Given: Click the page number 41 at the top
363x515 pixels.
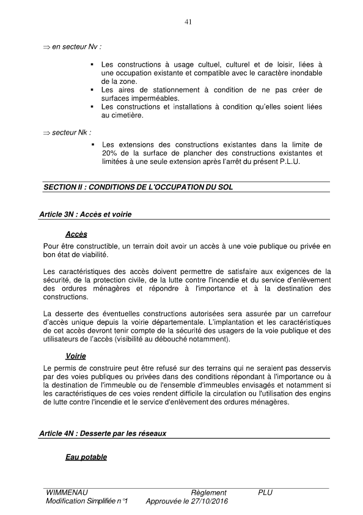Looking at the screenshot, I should point(188,23).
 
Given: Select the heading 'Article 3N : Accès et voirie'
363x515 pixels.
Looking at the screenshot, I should point(85,215).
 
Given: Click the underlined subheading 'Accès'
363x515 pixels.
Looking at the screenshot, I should point(76,235).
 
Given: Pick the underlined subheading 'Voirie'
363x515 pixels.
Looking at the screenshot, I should point(75,356).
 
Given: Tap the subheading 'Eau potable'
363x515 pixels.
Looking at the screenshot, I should point(86,457).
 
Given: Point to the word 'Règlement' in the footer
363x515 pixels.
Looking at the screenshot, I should point(208,492).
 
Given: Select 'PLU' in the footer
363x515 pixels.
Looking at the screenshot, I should point(265,492).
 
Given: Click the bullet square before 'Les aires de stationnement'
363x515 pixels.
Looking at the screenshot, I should point(92,90).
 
